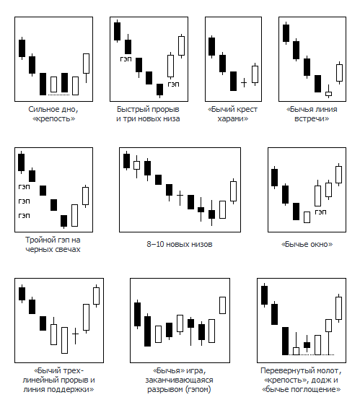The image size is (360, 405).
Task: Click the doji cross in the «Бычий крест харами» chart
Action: [x=244, y=83]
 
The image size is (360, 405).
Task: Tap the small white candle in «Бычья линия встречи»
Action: [x=328, y=94]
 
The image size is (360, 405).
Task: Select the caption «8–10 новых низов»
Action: [x=180, y=244]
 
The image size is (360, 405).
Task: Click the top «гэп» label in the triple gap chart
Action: [x=25, y=187]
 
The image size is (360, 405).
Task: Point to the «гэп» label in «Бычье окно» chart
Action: [x=321, y=212]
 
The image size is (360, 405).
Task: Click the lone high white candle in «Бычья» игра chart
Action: [x=222, y=305]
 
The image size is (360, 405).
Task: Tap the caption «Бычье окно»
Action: [x=307, y=244]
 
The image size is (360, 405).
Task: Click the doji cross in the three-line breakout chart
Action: [x=75, y=334]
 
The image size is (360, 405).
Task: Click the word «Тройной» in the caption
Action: [x=38, y=240]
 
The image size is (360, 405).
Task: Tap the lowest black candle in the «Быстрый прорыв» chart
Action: [x=160, y=90]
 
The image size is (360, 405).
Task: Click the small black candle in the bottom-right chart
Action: [x=307, y=345]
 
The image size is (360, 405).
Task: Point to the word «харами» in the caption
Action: [x=233, y=119]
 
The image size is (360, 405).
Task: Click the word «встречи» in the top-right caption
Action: [x=312, y=119]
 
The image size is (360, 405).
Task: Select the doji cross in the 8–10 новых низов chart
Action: [x=180, y=196]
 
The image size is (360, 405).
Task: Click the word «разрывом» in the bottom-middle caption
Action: [x=163, y=389]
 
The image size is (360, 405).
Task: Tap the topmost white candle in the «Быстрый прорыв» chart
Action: [x=181, y=45]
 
